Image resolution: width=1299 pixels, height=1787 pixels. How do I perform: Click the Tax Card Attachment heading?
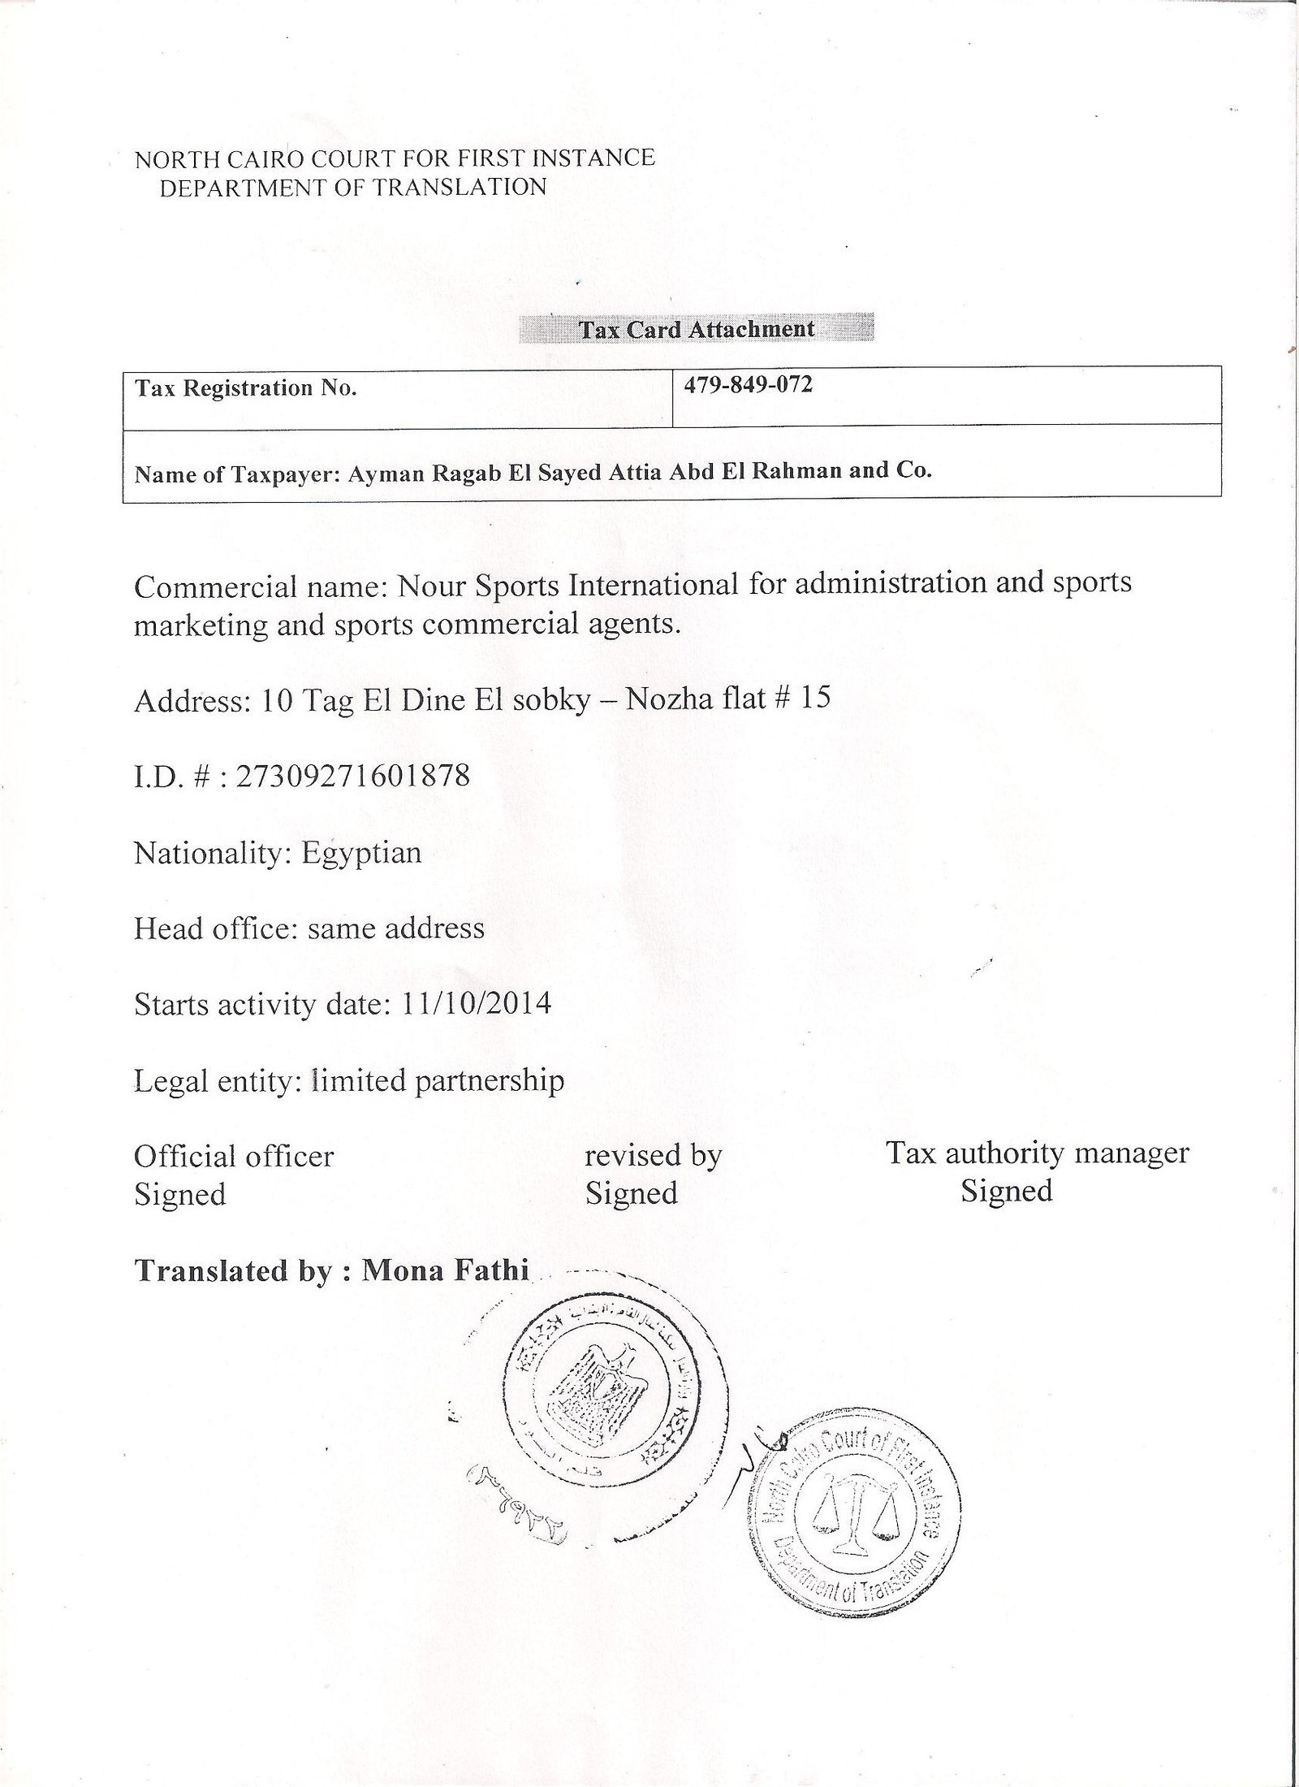(x=696, y=329)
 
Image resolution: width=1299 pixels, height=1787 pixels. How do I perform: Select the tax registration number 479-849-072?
(x=748, y=384)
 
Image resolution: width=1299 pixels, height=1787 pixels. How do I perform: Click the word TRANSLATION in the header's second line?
(x=460, y=188)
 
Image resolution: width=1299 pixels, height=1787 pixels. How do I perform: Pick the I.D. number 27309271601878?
(x=352, y=777)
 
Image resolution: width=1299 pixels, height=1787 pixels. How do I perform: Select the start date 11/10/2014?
(x=477, y=1004)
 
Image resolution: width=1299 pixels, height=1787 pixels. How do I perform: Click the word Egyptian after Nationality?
(x=361, y=854)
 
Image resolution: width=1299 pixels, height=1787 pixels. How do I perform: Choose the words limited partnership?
(x=437, y=1080)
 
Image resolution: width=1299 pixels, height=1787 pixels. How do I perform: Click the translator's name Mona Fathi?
(x=445, y=1269)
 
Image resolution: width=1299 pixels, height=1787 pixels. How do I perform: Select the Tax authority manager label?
(x=1037, y=1153)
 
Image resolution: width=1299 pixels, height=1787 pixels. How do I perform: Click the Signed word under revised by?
(x=631, y=1193)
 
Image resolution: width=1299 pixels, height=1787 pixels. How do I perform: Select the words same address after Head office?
(x=395, y=928)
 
